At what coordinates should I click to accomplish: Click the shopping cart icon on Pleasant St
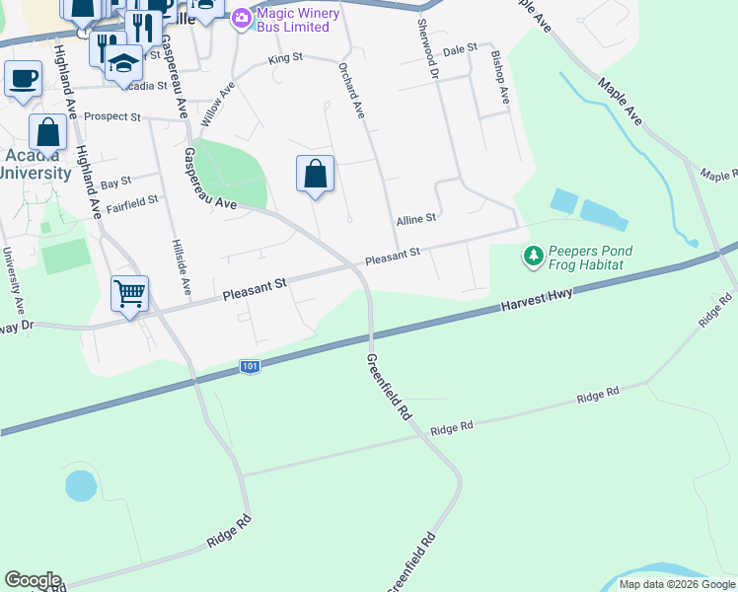129,294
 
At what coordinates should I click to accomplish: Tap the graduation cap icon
123,62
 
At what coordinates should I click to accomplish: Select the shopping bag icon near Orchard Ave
315,175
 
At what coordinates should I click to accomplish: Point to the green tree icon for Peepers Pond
534,258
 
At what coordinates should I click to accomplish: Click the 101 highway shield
251,367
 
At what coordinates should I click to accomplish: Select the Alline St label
416,221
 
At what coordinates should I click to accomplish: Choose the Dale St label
460,48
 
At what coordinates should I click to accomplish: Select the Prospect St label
112,116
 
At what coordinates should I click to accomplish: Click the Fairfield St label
132,201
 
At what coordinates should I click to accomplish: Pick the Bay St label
115,184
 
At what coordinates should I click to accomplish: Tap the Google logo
33,580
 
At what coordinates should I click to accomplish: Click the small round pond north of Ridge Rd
81,485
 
